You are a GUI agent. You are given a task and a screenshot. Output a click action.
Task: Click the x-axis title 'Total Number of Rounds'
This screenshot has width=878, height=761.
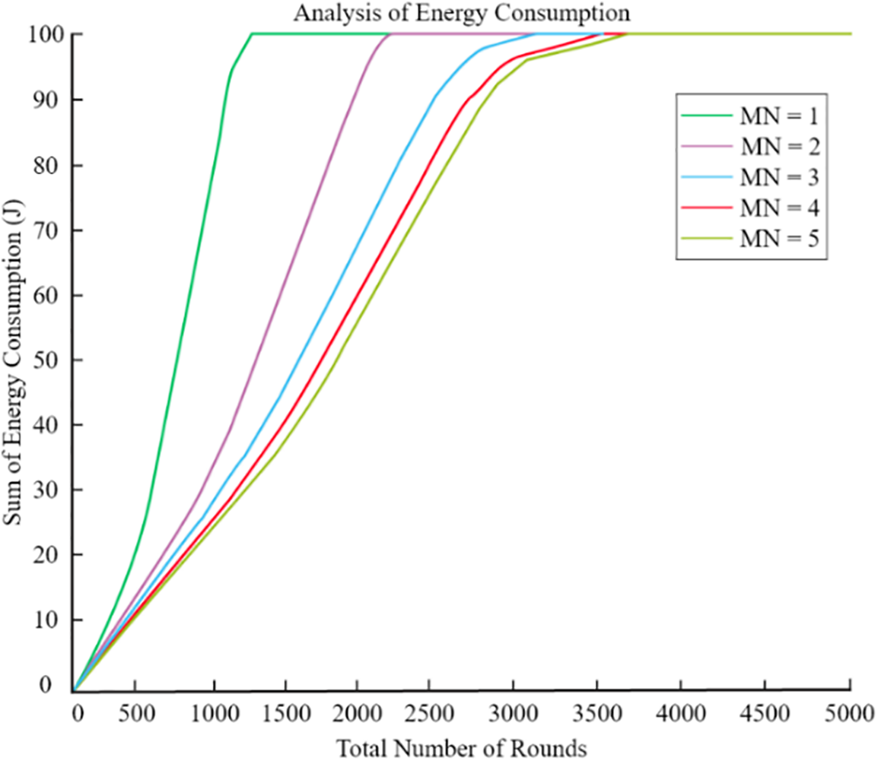[462, 747]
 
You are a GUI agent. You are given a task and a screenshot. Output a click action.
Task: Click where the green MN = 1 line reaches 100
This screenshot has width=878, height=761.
[252, 34]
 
